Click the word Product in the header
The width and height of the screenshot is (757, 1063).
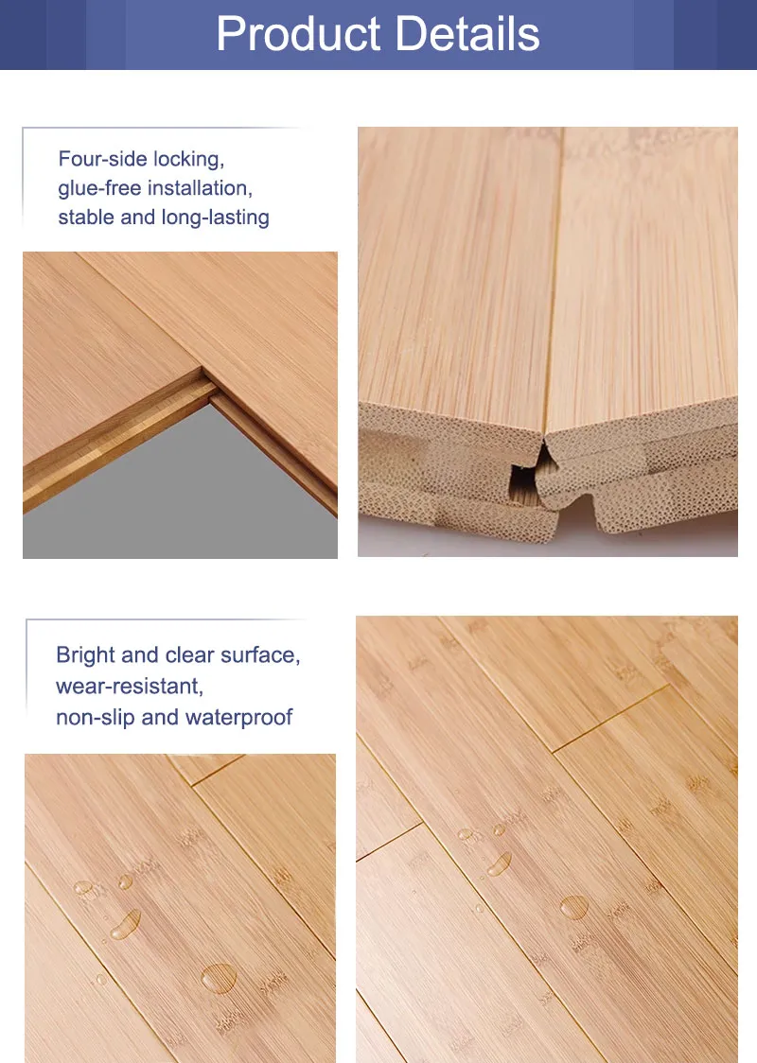298,35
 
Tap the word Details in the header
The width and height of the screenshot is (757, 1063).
467,33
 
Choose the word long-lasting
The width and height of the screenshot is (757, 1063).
216,218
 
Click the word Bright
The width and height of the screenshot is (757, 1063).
85,654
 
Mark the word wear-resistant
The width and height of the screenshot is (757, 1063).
130,686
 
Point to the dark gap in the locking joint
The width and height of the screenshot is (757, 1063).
526,477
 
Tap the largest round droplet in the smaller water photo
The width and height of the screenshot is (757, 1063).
220,978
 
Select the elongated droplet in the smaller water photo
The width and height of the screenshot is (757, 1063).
126,925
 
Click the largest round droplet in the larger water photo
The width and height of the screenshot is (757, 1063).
574,907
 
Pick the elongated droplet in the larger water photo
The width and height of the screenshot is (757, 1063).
500,863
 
